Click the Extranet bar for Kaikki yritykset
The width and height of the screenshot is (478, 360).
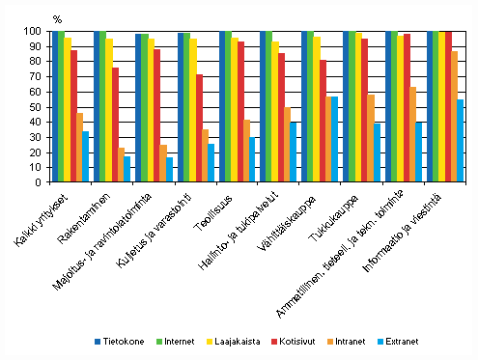[86, 156]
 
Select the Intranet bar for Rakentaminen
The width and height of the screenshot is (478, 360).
[122, 165]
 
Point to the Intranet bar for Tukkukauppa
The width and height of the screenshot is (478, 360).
[371, 138]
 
